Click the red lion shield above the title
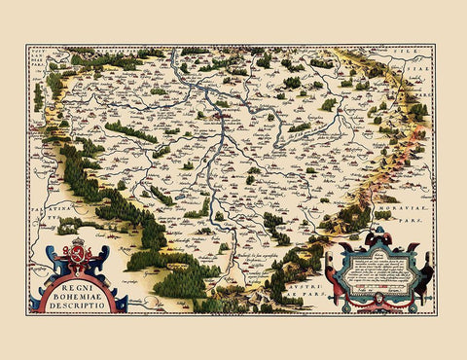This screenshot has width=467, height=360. pos(73,256)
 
